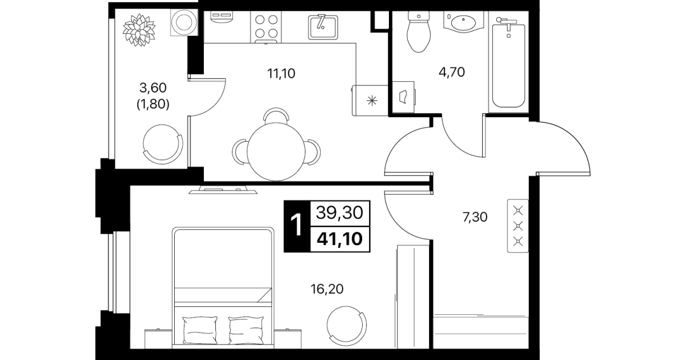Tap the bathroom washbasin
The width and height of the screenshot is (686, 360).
463,22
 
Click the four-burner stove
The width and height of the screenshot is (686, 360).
266,27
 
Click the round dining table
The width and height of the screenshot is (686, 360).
276,151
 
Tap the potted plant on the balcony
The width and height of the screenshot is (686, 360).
139,30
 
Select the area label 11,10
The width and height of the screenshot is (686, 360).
281,74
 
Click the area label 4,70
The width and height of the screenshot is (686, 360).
452,73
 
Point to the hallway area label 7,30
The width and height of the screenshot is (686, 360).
475,217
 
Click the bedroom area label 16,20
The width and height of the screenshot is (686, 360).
327,289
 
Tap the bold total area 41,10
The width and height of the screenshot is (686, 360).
340,239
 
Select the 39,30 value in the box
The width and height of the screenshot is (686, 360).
340,213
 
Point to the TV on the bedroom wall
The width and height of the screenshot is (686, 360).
223,190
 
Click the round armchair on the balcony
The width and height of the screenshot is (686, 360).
162,143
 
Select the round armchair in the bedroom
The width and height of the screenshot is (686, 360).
346,325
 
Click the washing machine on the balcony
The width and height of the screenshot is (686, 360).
184,22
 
